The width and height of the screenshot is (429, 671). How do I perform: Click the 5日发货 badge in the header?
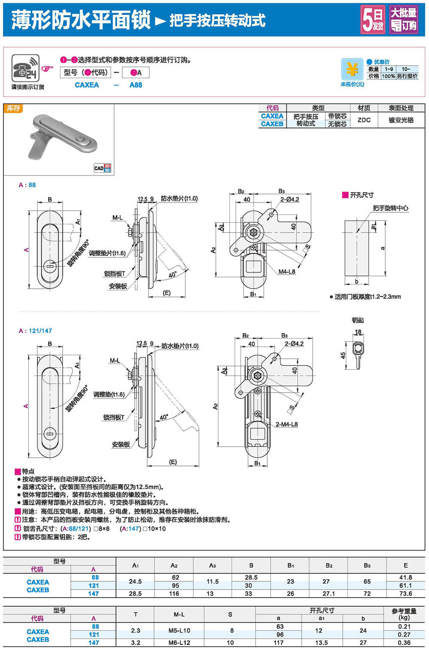click(372, 20)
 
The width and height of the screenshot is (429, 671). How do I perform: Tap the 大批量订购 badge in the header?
click(403, 20)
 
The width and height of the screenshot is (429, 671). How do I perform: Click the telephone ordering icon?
click(25, 68)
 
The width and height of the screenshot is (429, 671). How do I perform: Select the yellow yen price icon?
click(352, 69)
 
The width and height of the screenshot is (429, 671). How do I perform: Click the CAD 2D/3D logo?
click(102, 168)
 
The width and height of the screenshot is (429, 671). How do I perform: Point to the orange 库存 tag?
click(13, 109)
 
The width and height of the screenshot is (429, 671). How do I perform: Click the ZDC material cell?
click(364, 120)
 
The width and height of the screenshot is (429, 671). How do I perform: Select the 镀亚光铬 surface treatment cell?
click(401, 120)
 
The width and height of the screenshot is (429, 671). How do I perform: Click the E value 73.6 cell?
click(405, 594)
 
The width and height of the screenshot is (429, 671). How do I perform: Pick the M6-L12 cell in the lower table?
click(179, 643)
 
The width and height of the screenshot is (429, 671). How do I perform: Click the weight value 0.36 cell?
click(404, 643)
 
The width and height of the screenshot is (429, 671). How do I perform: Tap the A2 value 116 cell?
click(174, 594)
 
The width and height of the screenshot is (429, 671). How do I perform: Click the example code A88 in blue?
click(136, 85)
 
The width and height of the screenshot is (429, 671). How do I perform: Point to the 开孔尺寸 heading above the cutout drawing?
click(361, 195)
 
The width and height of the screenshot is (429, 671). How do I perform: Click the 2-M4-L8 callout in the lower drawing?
click(286, 424)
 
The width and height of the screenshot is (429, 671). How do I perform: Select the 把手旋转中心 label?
click(390, 208)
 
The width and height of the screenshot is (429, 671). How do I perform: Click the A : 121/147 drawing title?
click(35, 331)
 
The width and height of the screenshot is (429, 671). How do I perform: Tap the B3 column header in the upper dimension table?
click(367, 565)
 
